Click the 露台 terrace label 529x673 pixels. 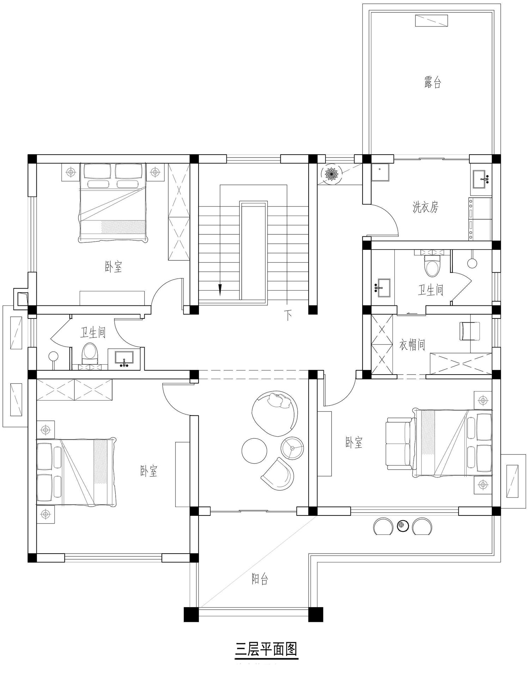pyautogui.click(x=432, y=82)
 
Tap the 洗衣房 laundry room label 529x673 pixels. pyautogui.click(x=426, y=207)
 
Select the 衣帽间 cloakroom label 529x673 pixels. pyautogui.click(x=412, y=345)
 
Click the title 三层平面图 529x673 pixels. pyautogui.click(x=266, y=648)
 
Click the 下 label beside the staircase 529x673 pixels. pyautogui.click(x=288, y=315)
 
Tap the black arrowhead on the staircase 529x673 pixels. pyautogui.click(x=220, y=290)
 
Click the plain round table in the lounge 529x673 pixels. pyautogui.click(x=254, y=451)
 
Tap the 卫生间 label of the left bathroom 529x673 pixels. pyautogui.click(x=93, y=332)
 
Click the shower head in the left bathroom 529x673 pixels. pyautogui.click(x=53, y=356)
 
